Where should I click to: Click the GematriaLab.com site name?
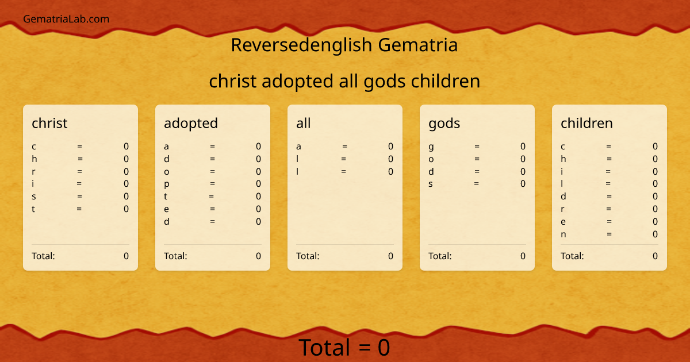click(x=66, y=19)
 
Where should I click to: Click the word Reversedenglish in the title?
click(x=302, y=45)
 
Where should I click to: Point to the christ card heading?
click(x=49, y=123)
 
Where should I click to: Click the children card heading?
click(x=586, y=123)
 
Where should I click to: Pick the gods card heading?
click(x=444, y=123)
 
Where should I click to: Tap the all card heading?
click(x=303, y=123)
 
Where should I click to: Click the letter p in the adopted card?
click(x=167, y=184)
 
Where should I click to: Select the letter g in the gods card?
click(x=431, y=147)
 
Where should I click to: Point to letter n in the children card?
click(x=563, y=234)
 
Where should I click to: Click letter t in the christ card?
click(x=33, y=209)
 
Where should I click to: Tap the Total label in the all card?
click(x=308, y=256)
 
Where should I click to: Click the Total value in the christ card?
click(x=126, y=256)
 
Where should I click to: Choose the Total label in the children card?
click(x=572, y=256)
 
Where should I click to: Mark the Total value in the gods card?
click(x=523, y=256)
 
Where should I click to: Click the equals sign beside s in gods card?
click(x=476, y=184)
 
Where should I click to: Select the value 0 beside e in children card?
click(x=655, y=222)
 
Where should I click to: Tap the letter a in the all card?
click(x=299, y=147)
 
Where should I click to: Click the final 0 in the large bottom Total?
click(x=384, y=348)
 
